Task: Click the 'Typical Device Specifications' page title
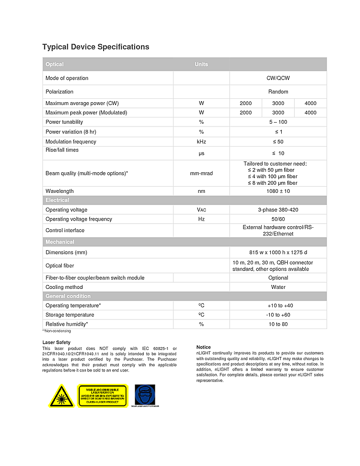pos(95,47)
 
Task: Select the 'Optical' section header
pos(54,64)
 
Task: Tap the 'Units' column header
pos(201,64)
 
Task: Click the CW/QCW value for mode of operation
pos(278,78)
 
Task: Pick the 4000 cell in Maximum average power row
pos(310,103)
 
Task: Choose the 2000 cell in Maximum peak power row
pos(246,113)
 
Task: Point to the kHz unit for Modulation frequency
pos(201,142)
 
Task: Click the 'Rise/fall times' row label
pos(62,150)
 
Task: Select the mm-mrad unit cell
pos(201,173)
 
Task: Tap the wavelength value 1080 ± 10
pos(278,191)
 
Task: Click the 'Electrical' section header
pos(57,200)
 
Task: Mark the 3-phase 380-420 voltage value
pos(278,210)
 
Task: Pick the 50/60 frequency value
pos(278,219)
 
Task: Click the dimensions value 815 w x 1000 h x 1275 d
pos(278,252)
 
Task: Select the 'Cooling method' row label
pos(64,287)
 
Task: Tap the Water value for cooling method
pos(278,287)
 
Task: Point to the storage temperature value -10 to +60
pos(278,315)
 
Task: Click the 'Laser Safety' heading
pos(56,342)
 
